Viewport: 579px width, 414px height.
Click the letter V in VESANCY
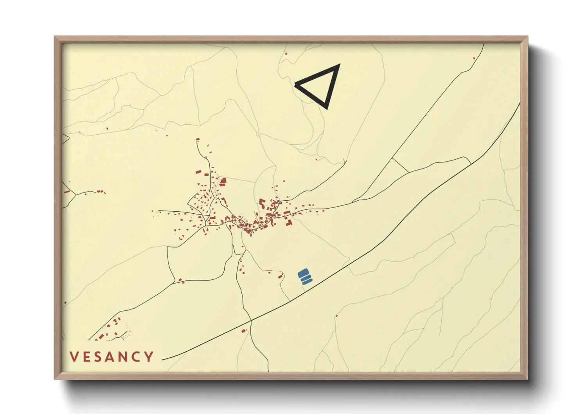[x=74, y=356]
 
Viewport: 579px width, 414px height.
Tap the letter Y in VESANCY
[x=149, y=356]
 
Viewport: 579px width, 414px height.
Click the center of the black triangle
[x=321, y=85]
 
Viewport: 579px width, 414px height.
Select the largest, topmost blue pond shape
[x=304, y=272]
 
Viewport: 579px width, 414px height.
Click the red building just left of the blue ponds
[x=280, y=276]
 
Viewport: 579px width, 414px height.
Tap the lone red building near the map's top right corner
[x=474, y=58]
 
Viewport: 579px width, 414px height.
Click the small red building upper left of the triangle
[x=286, y=54]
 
